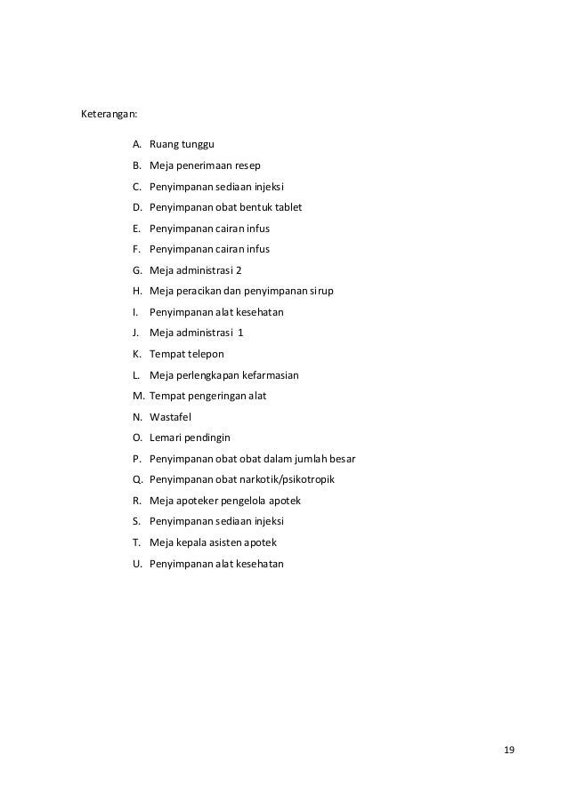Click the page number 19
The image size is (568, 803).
pyautogui.click(x=508, y=750)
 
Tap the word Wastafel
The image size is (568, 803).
pyautogui.click(x=172, y=417)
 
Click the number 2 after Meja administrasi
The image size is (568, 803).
pyautogui.click(x=239, y=270)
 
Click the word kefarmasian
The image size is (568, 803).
pyautogui.click(x=264, y=375)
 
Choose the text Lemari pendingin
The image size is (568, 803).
pyautogui.click(x=190, y=438)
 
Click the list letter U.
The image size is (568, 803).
pyautogui.click(x=137, y=564)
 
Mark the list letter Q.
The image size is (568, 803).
pyautogui.click(x=137, y=480)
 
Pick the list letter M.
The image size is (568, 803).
pyautogui.click(x=138, y=396)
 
